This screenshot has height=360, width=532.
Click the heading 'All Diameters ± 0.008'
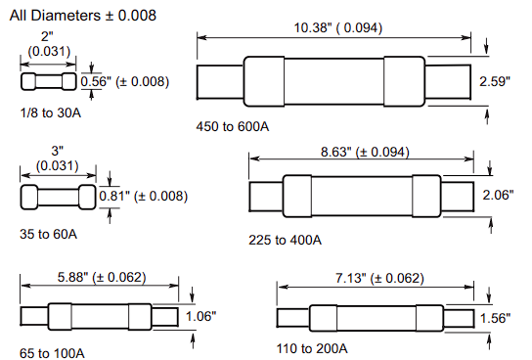point(79,17)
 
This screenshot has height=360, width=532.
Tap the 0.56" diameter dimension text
point(124,81)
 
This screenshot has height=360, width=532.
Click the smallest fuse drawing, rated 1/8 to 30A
point(47,81)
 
